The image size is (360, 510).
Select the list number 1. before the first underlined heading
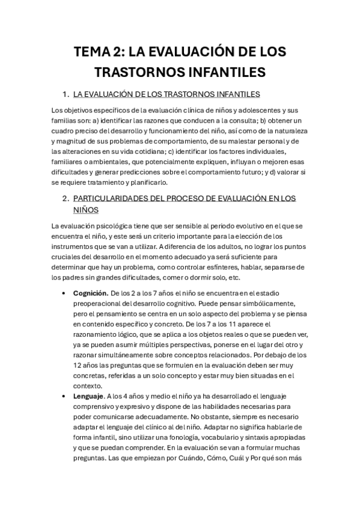point(66,94)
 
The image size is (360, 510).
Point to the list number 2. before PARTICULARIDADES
point(66,198)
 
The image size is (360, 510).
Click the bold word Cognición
point(90,292)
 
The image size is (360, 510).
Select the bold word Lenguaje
point(88,396)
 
